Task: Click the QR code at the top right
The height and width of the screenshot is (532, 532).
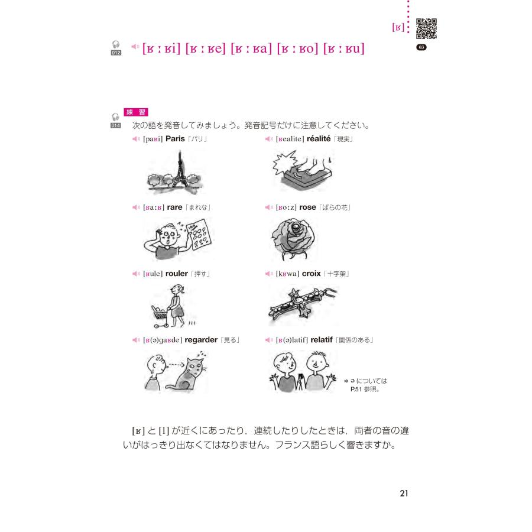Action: click(x=427, y=29)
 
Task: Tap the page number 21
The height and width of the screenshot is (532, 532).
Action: click(x=404, y=494)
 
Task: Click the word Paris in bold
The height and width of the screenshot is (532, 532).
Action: click(x=176, y=139)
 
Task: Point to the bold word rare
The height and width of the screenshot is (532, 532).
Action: click(x=174, y=207)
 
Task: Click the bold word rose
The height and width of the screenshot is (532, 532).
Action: click(x=307, y=207)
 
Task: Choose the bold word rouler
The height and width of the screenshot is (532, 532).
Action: click(x=177, y=274)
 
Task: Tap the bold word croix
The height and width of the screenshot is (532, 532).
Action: click(x=312, y=274)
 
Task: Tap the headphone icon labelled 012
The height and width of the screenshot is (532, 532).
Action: click(x=116, y=47)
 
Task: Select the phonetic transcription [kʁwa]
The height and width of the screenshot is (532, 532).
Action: click(x=288, y=274)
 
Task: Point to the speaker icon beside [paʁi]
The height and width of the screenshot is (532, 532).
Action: click(x=136, y=139)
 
